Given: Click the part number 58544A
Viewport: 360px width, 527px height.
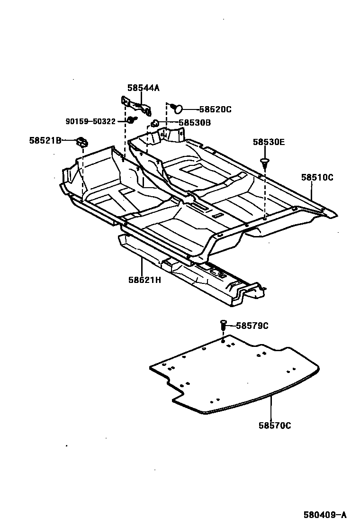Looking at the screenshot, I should [144, 88].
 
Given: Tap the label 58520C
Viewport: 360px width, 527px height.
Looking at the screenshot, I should [215, 109].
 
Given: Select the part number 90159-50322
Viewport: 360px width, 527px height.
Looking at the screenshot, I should [90, 122].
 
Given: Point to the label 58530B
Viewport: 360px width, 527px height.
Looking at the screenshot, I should [195, 123].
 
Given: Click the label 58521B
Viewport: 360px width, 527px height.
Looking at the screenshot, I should [45, 140].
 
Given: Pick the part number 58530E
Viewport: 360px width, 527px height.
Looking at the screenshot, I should [269, 142].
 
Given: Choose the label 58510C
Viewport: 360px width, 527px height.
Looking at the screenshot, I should [317, 178].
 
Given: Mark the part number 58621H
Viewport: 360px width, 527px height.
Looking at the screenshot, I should [144, 280].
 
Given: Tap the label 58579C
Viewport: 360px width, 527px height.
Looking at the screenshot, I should [252, 326].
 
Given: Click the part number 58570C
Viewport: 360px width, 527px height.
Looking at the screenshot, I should [275, 426].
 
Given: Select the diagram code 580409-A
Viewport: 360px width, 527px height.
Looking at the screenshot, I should [325, 515].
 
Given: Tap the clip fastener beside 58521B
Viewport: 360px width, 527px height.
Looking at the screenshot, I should [82, 141].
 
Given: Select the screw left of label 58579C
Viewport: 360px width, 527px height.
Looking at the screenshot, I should [223, 326].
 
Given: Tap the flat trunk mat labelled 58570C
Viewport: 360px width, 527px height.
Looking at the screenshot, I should [232, 374].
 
